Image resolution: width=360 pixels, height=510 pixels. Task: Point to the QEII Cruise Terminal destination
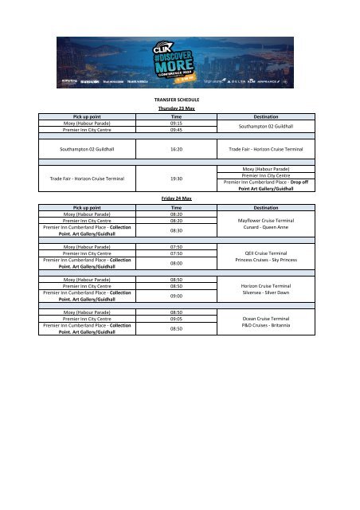pyautogui.click(x=268, y=253)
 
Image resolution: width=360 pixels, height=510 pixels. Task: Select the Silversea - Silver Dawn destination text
pyautogui.click(x=268, y=292)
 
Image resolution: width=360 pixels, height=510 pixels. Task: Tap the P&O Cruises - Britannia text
pyautogui.click(x=268, y=326)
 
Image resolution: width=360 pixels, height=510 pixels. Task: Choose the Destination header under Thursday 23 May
pyautogui.click(x=268, y=116)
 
